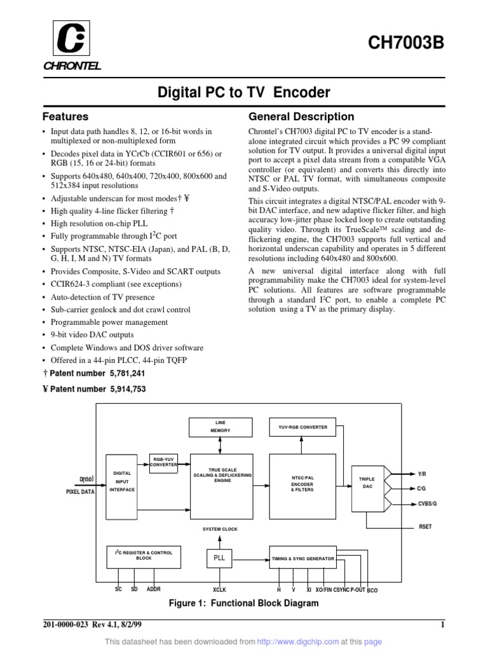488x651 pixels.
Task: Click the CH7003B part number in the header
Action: click(412, 44)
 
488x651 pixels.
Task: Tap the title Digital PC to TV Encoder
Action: click(244, 93)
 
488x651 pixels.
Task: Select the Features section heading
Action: click(65, 117)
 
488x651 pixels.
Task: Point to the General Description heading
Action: click(301, 117)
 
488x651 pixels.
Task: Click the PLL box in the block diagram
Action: click(219, 558)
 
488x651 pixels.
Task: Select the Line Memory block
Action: click(220, 427)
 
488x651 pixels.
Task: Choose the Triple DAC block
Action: click(367, 483)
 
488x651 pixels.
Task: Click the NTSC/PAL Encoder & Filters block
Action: click(302, 487)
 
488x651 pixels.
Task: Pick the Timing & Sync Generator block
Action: click(302, 559)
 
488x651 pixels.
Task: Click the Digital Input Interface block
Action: click(121, 481)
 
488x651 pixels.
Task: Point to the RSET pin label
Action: click(424, 526)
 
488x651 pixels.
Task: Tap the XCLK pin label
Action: click(220, 589)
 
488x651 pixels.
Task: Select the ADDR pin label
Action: click(154, 589)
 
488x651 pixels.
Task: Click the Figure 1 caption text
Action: click(243, 603)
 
